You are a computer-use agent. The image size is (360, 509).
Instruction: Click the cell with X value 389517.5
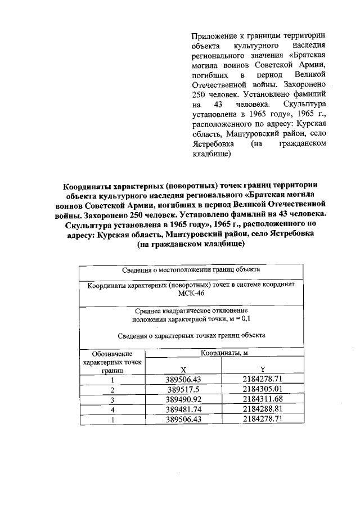(184, 389)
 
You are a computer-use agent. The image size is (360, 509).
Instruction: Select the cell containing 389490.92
(184, 399)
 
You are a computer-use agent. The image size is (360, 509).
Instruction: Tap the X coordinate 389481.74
(184, 409)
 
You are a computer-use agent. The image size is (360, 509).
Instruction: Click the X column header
(183, 369)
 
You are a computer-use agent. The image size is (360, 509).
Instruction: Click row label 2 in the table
(112, 390)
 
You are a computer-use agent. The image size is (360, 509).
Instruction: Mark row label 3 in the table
(112, 400)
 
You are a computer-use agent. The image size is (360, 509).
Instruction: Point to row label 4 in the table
(112, 410)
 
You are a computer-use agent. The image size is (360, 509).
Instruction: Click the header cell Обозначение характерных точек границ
(112, 362)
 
